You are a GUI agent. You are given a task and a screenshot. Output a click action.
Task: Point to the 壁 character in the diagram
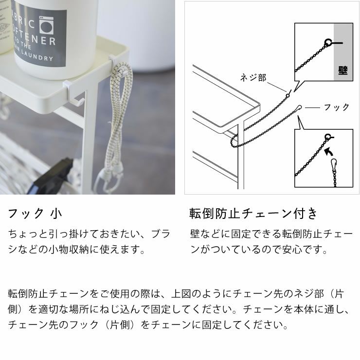(342, 71)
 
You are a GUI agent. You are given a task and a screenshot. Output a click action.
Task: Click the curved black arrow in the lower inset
(332, 155)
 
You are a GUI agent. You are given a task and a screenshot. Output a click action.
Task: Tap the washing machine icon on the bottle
(48, 24)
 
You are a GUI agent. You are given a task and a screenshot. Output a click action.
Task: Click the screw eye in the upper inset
(329, 43)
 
